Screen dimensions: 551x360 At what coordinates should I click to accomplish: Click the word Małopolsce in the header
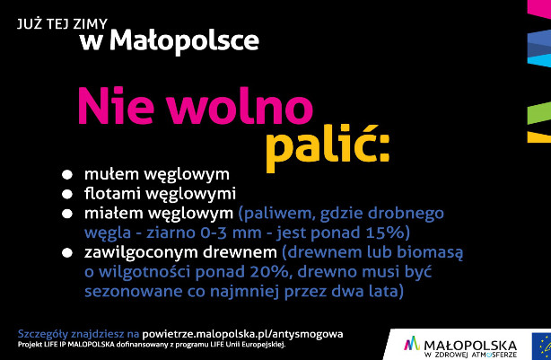pos(185,41)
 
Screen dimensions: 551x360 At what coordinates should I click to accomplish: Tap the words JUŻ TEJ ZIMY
pos(62,24)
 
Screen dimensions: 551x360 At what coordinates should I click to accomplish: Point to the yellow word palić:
pos(328,146)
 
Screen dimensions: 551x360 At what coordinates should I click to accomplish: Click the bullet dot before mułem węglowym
pos(67,175)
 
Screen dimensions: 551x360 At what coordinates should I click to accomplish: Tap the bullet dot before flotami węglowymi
pos(67,195)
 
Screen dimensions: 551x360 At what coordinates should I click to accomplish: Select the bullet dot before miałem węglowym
pos(67,214)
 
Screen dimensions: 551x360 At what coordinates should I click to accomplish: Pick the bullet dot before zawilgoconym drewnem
pos(67,253)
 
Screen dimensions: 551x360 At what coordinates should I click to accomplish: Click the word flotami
pos(112,194)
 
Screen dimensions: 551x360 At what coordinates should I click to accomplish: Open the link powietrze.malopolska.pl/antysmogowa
pos(242,334)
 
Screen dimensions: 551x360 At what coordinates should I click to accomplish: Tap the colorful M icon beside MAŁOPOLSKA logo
pos(412,344)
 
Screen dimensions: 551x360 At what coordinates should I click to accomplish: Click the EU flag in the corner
pos(541,347)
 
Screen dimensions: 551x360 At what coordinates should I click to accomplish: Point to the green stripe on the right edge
pos(539,113)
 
